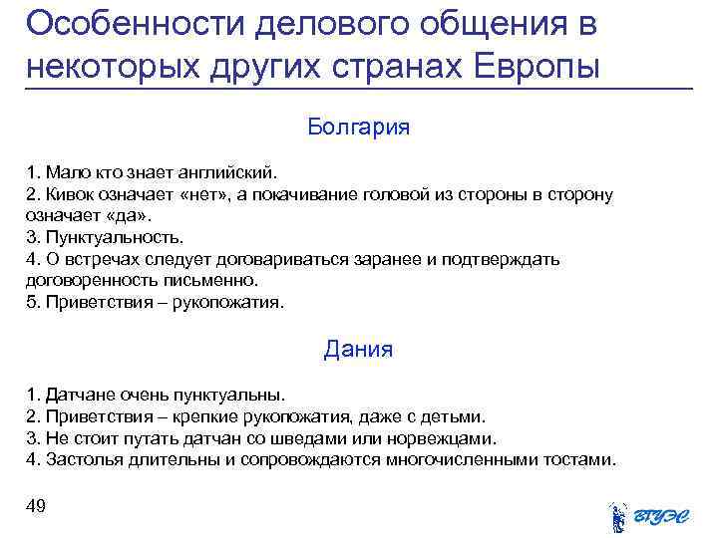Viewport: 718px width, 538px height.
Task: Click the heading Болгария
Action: coord(359,129)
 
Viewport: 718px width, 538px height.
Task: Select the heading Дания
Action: coord(359,350)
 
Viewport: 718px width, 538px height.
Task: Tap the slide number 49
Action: coord(36,508)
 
